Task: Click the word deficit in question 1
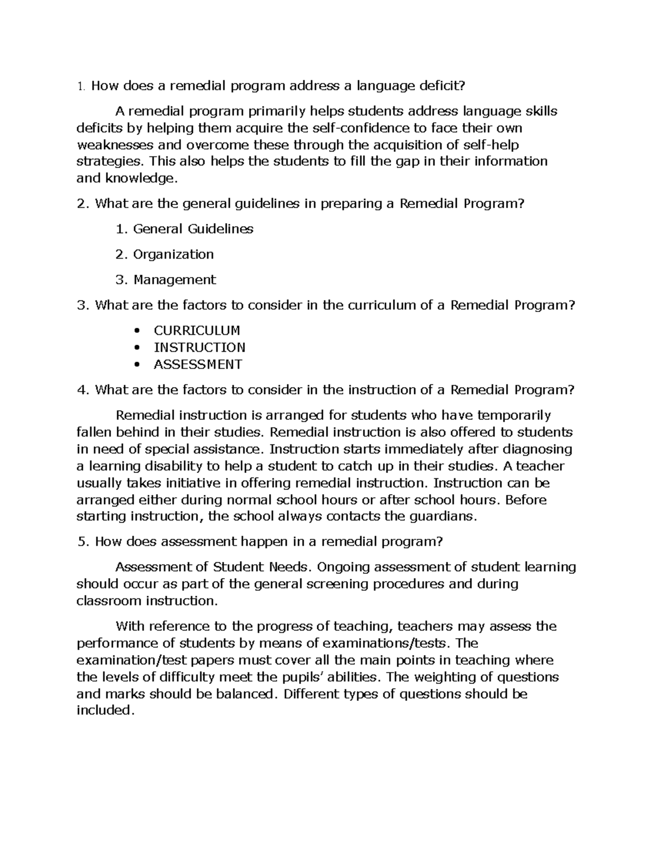click(443, 86)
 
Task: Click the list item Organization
click(173, 255)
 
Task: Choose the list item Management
click(174, 280)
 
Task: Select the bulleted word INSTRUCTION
click(199, 348)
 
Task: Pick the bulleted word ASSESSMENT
click(198, 365)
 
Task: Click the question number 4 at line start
click(82, 391)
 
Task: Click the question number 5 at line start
click(82, 542)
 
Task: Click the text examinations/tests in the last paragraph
click(389, 644)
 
